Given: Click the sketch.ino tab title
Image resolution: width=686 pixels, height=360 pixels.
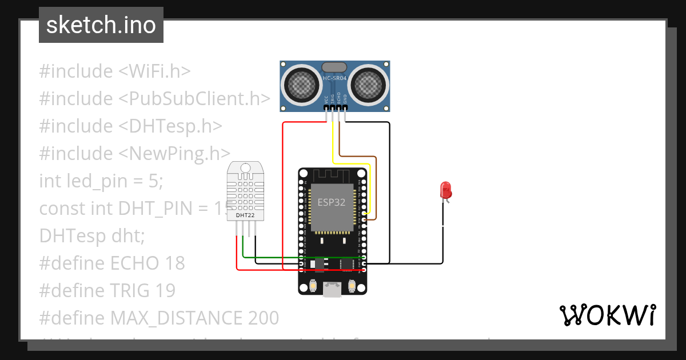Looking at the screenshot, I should [101, 25].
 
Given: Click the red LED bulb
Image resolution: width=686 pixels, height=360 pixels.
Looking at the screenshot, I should [445, 190].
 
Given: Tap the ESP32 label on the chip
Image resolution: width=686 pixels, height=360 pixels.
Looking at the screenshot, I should [332, 202].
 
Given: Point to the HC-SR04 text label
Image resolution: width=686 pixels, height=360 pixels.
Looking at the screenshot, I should [334, 78].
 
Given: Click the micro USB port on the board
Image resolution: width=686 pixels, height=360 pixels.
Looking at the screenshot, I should [332, 289].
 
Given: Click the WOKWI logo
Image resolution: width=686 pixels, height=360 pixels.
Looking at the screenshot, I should [607, 315].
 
